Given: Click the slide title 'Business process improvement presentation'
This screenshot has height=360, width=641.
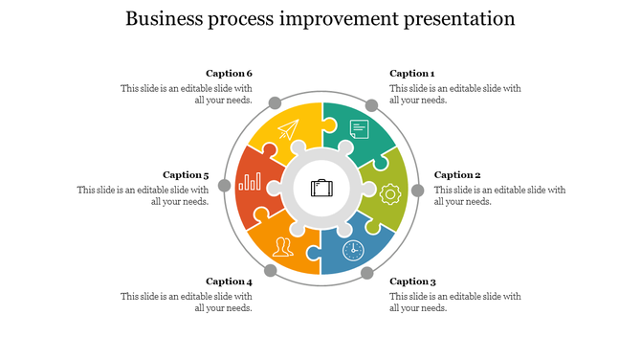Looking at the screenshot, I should (320, 19).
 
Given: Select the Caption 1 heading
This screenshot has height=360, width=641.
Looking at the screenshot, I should (412, 74).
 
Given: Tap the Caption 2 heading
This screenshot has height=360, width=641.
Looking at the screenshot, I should (457, 175).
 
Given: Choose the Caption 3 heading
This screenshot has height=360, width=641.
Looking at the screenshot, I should (412, 281).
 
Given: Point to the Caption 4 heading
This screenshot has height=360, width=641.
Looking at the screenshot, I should (229, 281).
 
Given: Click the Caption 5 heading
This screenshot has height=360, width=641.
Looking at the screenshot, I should (186, 175).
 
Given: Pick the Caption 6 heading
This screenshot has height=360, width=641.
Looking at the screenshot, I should (229, 74).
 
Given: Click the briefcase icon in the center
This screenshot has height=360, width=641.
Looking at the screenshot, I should (321, 188).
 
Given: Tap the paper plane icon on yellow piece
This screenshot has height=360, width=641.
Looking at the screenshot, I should (288, 129).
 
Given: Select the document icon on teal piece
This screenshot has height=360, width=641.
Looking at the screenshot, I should (360, 129).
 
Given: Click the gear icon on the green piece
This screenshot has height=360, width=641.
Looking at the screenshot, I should (389, 193).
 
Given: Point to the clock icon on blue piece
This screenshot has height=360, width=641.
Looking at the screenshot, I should (353, 250).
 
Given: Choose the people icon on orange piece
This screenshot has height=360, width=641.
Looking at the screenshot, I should (282, 248).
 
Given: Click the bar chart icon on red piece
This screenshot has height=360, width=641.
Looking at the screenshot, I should (251, 181).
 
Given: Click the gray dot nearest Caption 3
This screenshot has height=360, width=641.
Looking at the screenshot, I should (367, 273).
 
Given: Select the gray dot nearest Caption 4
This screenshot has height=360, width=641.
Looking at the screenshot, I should (271, 271).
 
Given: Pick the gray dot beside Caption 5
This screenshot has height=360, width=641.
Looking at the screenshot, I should (225, 186).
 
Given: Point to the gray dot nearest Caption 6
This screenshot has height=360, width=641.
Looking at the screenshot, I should (275, 102).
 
